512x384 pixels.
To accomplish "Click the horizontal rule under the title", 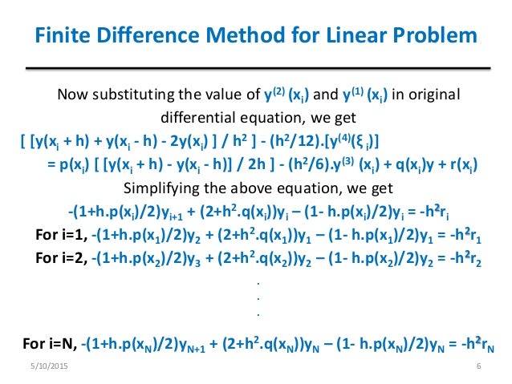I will tap(255, 67).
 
